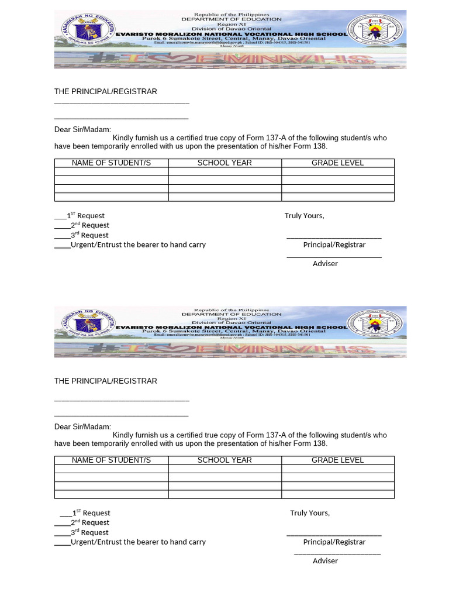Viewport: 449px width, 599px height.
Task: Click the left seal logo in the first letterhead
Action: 84,29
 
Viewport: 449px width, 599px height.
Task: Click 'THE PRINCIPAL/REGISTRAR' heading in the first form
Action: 106,92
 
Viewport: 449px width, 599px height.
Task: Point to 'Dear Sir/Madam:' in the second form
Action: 82,426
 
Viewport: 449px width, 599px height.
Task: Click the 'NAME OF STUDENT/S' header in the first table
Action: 111,163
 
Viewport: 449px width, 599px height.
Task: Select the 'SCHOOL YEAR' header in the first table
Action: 224,163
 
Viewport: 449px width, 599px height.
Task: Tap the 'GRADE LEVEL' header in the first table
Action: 337,163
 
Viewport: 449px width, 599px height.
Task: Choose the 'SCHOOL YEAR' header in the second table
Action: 224,460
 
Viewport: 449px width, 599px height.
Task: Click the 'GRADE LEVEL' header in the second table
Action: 337,460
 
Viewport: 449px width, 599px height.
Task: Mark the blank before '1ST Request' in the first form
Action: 60,216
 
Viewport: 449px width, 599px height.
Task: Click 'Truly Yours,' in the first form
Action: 304,216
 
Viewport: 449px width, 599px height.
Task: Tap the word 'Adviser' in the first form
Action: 325,264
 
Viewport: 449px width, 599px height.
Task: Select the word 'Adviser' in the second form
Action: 325,560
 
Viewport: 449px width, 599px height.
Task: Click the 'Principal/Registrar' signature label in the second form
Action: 334,542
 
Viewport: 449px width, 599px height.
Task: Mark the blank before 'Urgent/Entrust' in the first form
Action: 62,245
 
